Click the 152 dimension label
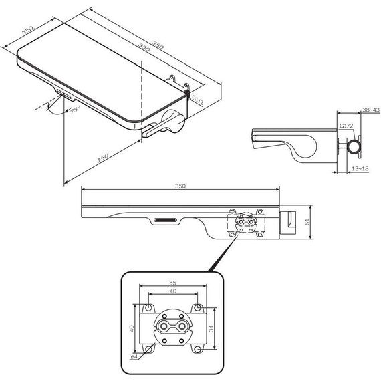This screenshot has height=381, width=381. tap(29, 29)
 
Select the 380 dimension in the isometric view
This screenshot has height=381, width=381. tap(158, 45)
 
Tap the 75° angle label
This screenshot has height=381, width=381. tap(75, 110)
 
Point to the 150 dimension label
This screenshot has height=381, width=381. tap(103, 158)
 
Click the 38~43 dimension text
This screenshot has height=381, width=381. tap(371, 110)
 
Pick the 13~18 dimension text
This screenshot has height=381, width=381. tap(360, 168)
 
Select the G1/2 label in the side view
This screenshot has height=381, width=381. tap(346, 126)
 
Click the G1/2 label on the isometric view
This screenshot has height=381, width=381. tap(198, 100)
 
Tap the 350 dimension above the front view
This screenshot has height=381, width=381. tap(180, 186)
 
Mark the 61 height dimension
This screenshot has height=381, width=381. tap(307, 222)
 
